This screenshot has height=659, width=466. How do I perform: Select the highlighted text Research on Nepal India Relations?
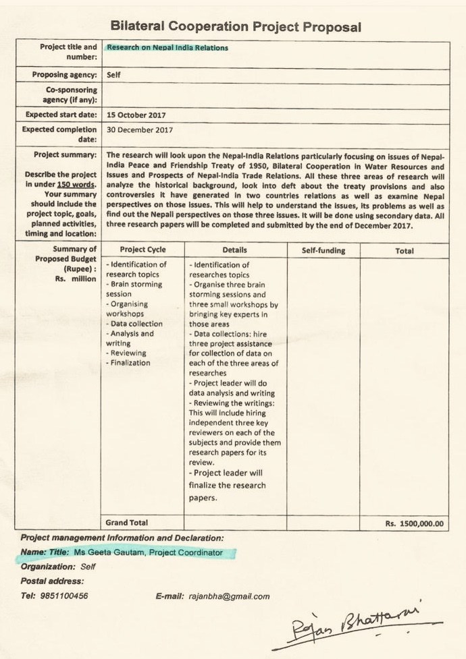[167, 48]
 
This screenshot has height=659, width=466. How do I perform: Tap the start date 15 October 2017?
[136, 115]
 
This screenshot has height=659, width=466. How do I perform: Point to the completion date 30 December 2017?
[140, 130]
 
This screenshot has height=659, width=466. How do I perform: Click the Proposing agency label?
[65, 75]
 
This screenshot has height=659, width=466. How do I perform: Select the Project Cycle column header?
[142, 250]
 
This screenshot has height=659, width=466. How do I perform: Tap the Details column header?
[234, 250]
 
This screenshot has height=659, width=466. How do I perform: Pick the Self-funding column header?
[323, 250]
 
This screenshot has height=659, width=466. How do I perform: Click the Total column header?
[405, 250]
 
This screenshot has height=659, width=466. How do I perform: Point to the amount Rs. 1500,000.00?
[414, 523]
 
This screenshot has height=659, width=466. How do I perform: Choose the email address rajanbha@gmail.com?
[229, 596]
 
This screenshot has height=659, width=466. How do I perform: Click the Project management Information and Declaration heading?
[122, 538]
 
